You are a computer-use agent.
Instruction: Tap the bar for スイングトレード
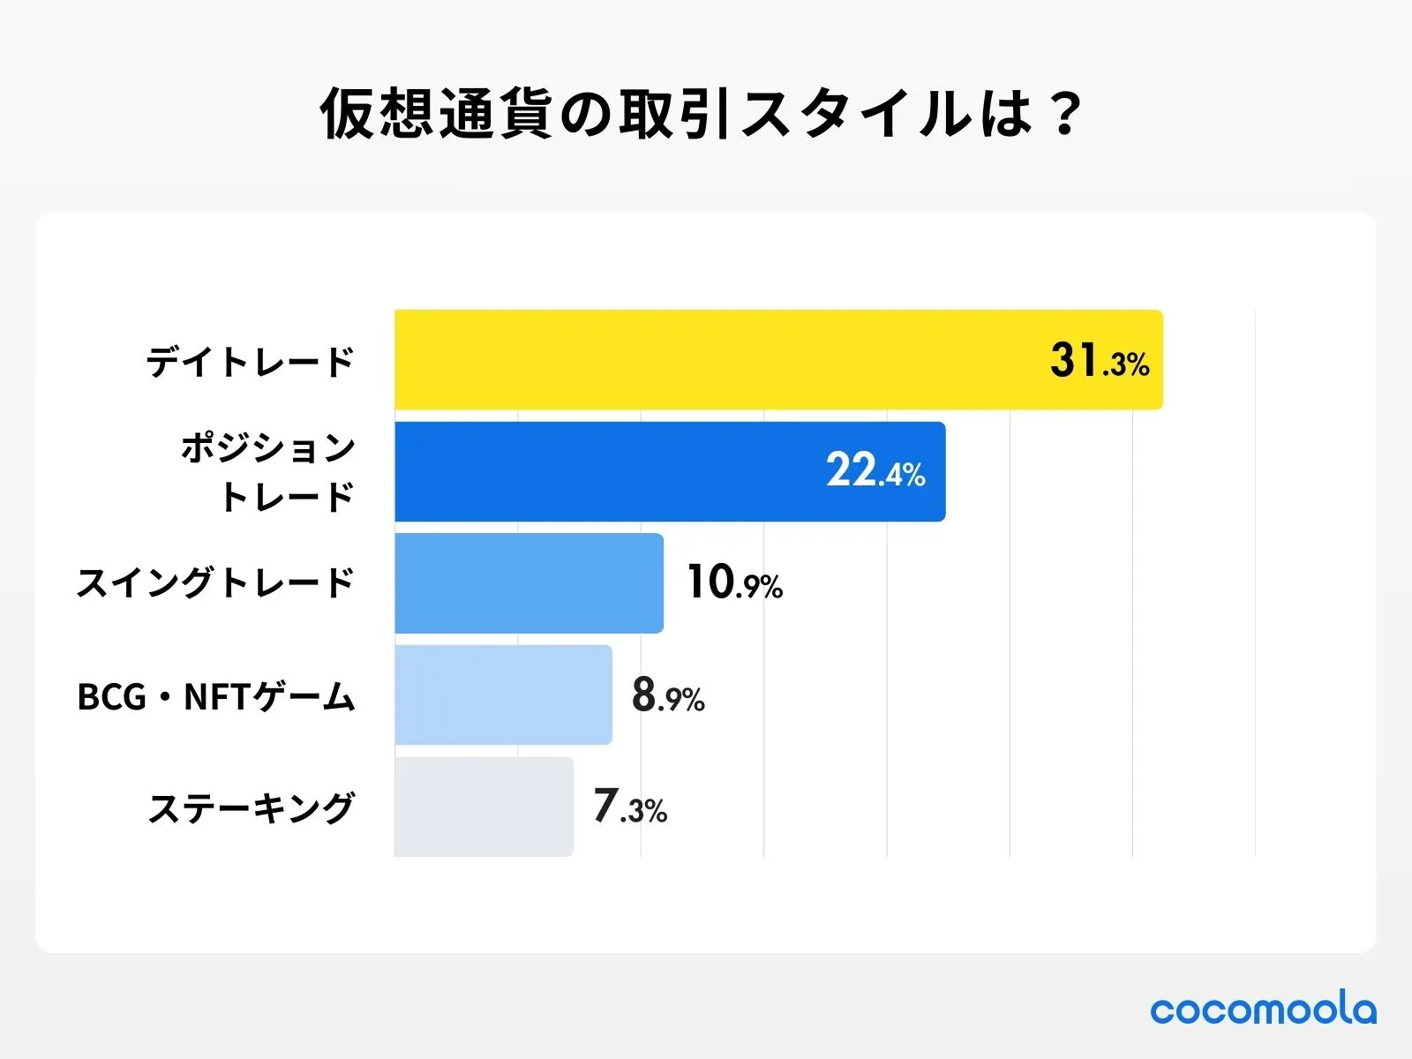click(x=529, y=582)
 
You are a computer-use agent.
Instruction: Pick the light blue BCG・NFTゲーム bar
click(x=503, y=695)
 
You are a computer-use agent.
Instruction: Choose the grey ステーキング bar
click(x=484, y=806)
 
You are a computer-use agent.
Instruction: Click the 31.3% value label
click(x=1100, y=361)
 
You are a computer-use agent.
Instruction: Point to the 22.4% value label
click(x=875, y=471)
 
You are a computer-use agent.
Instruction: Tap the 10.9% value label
click(x=734, y=583)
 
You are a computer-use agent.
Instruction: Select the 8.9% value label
click(x=668, y=695)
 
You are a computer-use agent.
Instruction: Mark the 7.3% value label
click(x=630, y=807)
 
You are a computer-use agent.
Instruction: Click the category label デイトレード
click(x=250, y=362)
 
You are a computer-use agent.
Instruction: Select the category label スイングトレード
click(x=215, y=583)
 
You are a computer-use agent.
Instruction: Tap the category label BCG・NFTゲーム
click(x=216, y=696)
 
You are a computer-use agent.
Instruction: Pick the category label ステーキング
click(x=252, y=807)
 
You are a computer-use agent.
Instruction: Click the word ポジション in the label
click(x=268, y=448)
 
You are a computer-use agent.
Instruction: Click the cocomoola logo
click(x=1263, y=1009)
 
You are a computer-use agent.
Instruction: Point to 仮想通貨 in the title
click(x=437, y=114)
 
